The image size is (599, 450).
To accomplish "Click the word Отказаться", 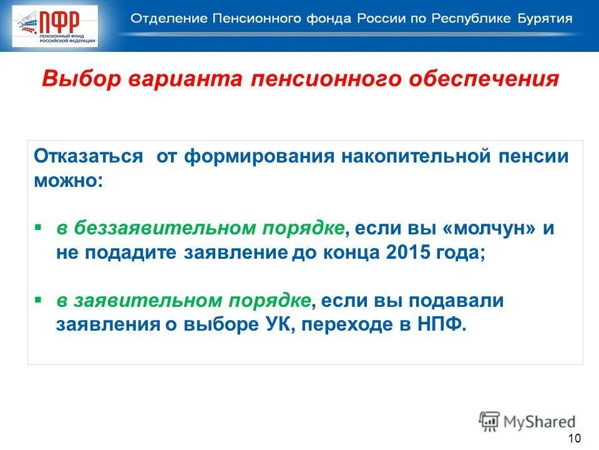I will click(x=88, y=156).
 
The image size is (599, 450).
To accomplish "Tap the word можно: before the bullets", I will click(x=66, y=181).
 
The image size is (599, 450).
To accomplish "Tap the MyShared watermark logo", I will click(x=527, y=421).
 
